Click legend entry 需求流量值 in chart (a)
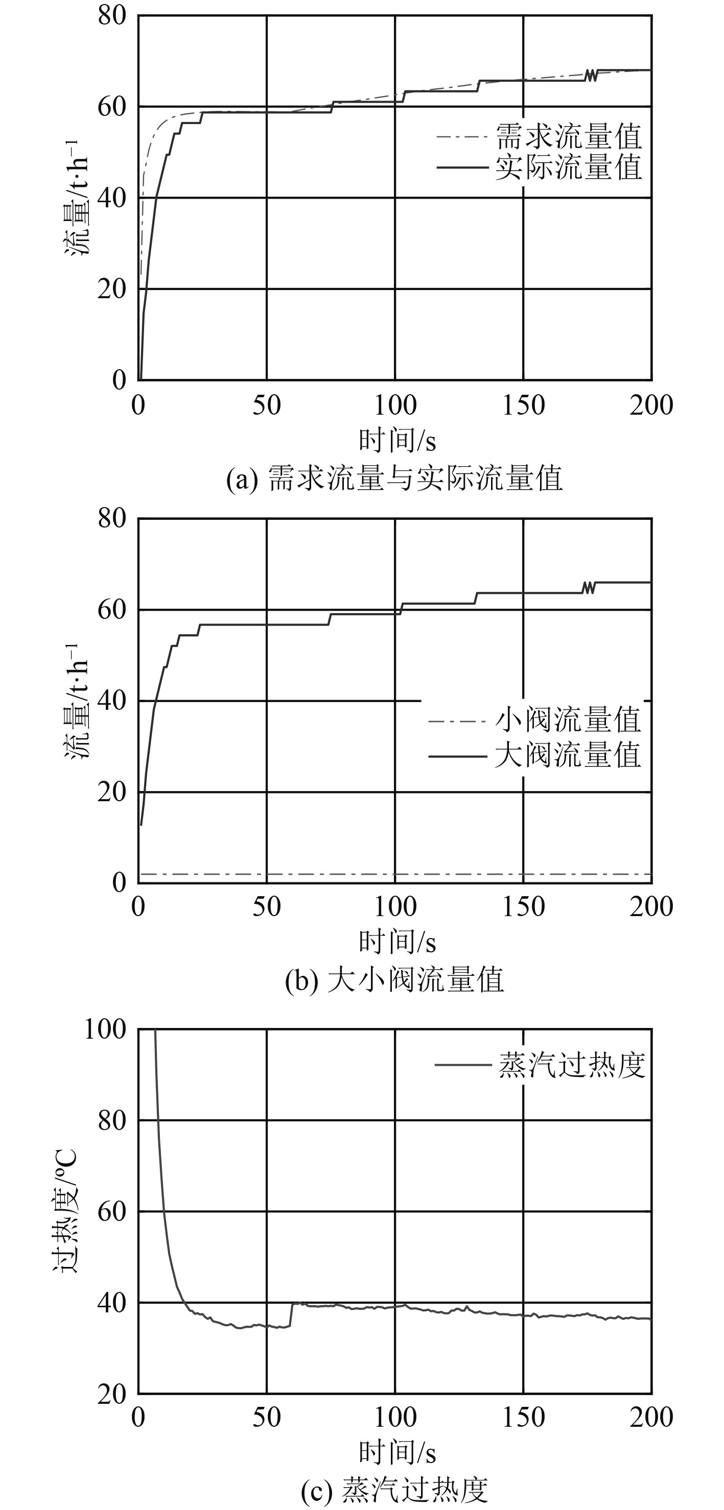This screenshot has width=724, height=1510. [568, 136]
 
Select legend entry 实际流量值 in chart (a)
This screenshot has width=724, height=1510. [568, 167]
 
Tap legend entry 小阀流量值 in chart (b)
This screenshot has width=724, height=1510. [568, 720]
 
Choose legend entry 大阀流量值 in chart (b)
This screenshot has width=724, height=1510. [568, 755]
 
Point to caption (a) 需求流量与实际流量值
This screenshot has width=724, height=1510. [394, 478]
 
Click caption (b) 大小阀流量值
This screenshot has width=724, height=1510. [394, 979]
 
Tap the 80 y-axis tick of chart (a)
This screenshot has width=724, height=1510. [112, 15]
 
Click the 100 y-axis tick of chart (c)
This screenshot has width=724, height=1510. [106, 1029]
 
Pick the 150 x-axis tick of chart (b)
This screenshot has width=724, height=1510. [523, 907]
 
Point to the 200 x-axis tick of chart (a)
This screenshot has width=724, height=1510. [651, 405]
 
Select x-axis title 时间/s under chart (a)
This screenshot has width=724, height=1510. [397, 440]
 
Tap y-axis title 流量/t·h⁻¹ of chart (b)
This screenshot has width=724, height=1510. [77, 701]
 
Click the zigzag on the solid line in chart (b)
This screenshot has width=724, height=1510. [589, 587]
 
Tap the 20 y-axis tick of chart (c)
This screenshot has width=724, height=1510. [112, 1394]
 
